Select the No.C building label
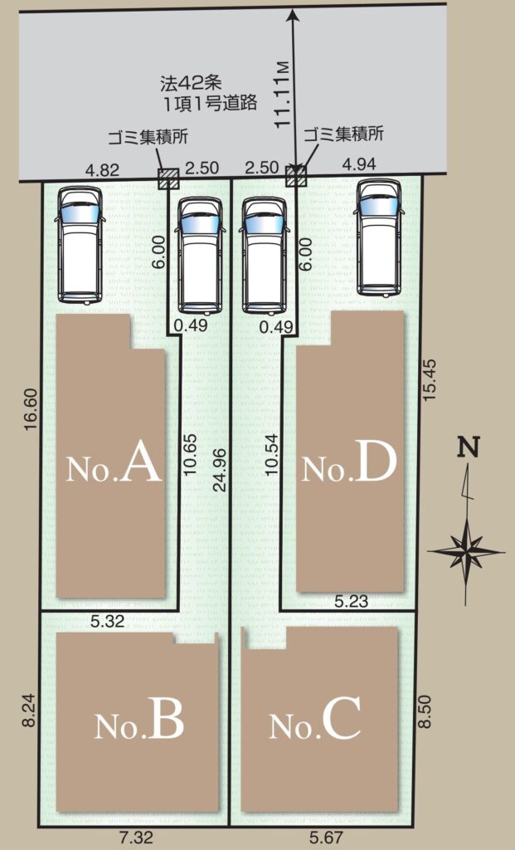[314, 719]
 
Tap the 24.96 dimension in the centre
[219, 470]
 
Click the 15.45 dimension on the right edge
[429, 379]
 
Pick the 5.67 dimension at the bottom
[326, 838]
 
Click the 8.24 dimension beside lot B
[30, 711]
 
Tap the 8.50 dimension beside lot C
[425, 711]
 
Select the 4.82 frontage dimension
[102, 169]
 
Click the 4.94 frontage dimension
[359, 164]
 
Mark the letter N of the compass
[469, 447]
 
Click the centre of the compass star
[466, 552]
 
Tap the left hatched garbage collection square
[168, 178]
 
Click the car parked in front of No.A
[80, 245]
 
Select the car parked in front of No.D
[380, 237]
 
